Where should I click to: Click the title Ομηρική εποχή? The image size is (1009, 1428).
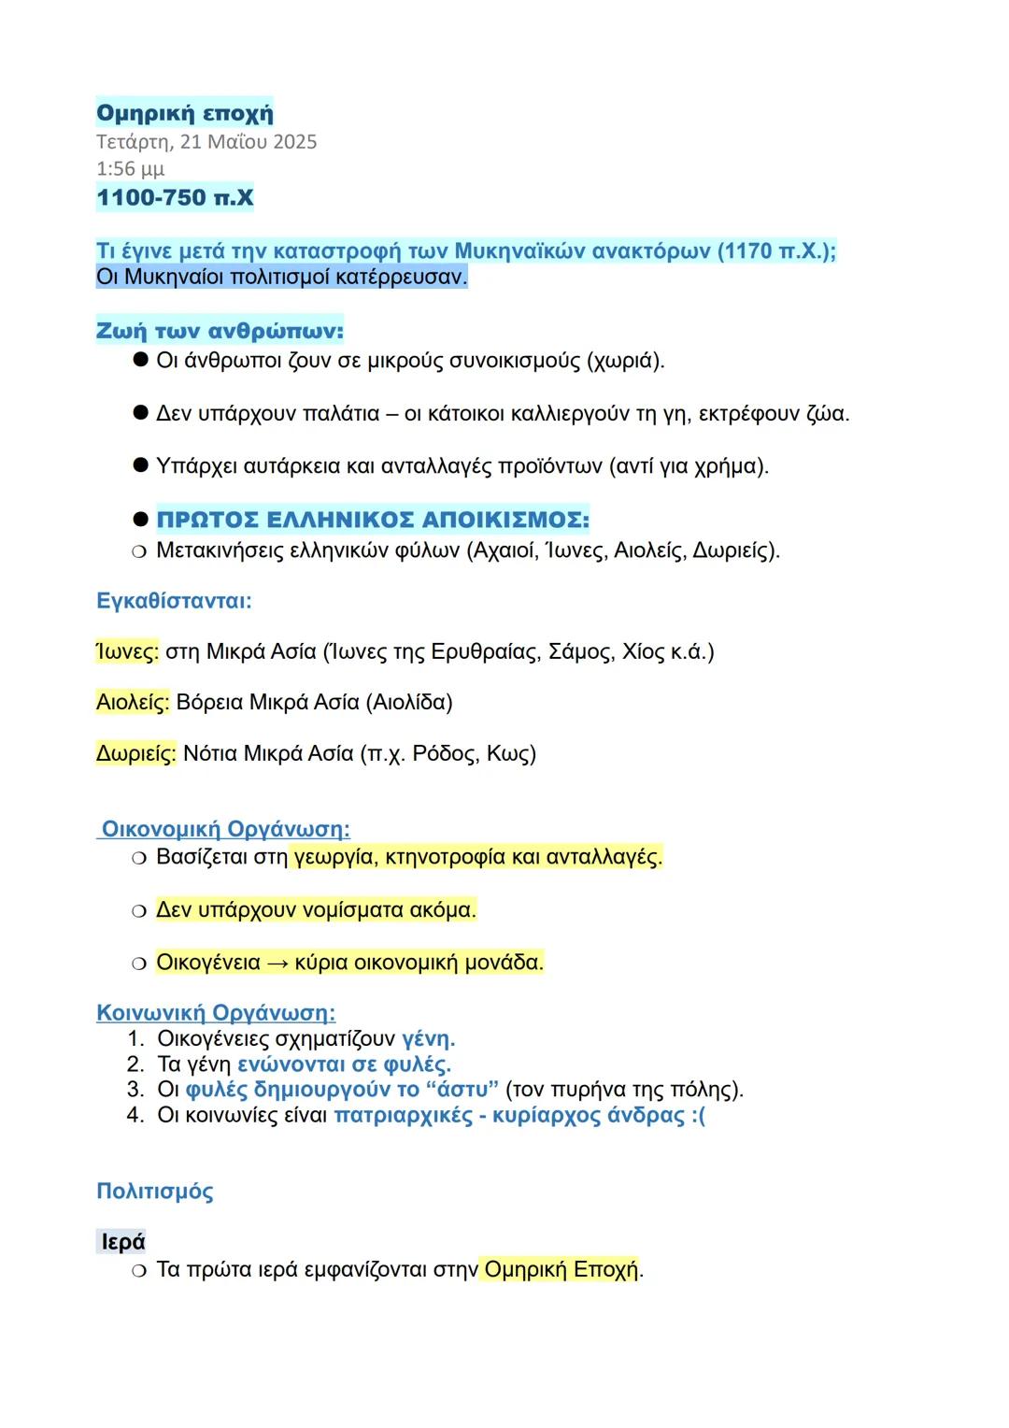pos(185,113)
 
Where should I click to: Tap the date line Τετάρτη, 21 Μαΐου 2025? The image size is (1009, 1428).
pos(206,142)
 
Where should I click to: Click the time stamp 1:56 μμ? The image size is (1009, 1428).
pos(130,169)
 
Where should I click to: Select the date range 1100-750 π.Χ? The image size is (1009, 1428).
pos(175,197)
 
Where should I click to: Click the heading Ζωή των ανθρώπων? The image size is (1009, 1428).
pos(220,331)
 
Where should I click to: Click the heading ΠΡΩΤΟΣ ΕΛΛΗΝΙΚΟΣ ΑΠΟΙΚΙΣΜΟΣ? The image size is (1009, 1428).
pos(373,520)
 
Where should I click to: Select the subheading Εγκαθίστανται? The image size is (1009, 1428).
pos(174,600)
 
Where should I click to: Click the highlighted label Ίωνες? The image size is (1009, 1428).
pos(127,651)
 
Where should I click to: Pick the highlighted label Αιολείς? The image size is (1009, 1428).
pos(133,702)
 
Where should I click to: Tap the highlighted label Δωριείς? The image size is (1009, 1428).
pos(135,753)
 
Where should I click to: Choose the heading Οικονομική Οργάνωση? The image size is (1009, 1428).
pos(225,829)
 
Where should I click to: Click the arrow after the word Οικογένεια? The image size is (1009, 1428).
pos(277,963)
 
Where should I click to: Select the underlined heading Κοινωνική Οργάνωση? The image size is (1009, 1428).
pos(216,1013)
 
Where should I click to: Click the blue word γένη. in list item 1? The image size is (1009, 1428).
pos(428,1039)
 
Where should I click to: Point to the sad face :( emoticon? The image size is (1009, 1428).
pos(698,1116)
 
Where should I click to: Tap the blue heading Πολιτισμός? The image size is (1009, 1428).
pos(155,1192)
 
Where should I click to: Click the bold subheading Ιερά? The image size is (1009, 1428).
pos(123,1242)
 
